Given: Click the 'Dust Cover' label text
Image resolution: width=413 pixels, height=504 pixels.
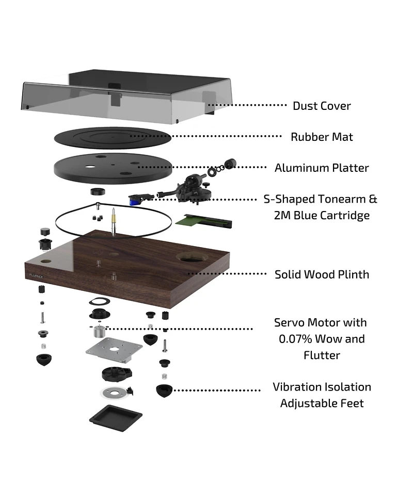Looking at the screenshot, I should pos(321,106).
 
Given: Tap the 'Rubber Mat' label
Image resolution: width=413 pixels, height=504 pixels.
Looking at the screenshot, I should pos(322,137).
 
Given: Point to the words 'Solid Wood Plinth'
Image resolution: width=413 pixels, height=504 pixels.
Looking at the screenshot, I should pos(322,274).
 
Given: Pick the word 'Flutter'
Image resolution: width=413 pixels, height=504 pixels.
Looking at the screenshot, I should pos(322,355).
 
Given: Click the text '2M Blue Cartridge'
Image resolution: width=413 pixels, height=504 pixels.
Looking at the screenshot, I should pos(322,215).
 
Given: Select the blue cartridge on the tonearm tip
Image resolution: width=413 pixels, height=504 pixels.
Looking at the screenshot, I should pos(136,198).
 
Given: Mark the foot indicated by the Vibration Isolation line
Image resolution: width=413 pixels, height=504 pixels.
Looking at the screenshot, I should pos(165,391).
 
